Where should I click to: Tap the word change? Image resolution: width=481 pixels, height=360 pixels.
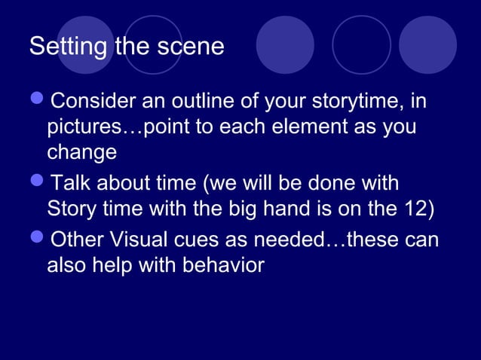(81, 152)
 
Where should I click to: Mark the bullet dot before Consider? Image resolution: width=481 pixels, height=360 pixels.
(38, 101)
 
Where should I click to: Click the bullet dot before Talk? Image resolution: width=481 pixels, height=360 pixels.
(38, 184)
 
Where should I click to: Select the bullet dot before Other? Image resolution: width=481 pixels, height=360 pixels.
(38, 239)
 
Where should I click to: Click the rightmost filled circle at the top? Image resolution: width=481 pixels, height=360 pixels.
(427, 45)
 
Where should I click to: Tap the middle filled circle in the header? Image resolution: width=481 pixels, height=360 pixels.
(285, 45)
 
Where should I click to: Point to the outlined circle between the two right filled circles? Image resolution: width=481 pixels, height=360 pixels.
(362, 45)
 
